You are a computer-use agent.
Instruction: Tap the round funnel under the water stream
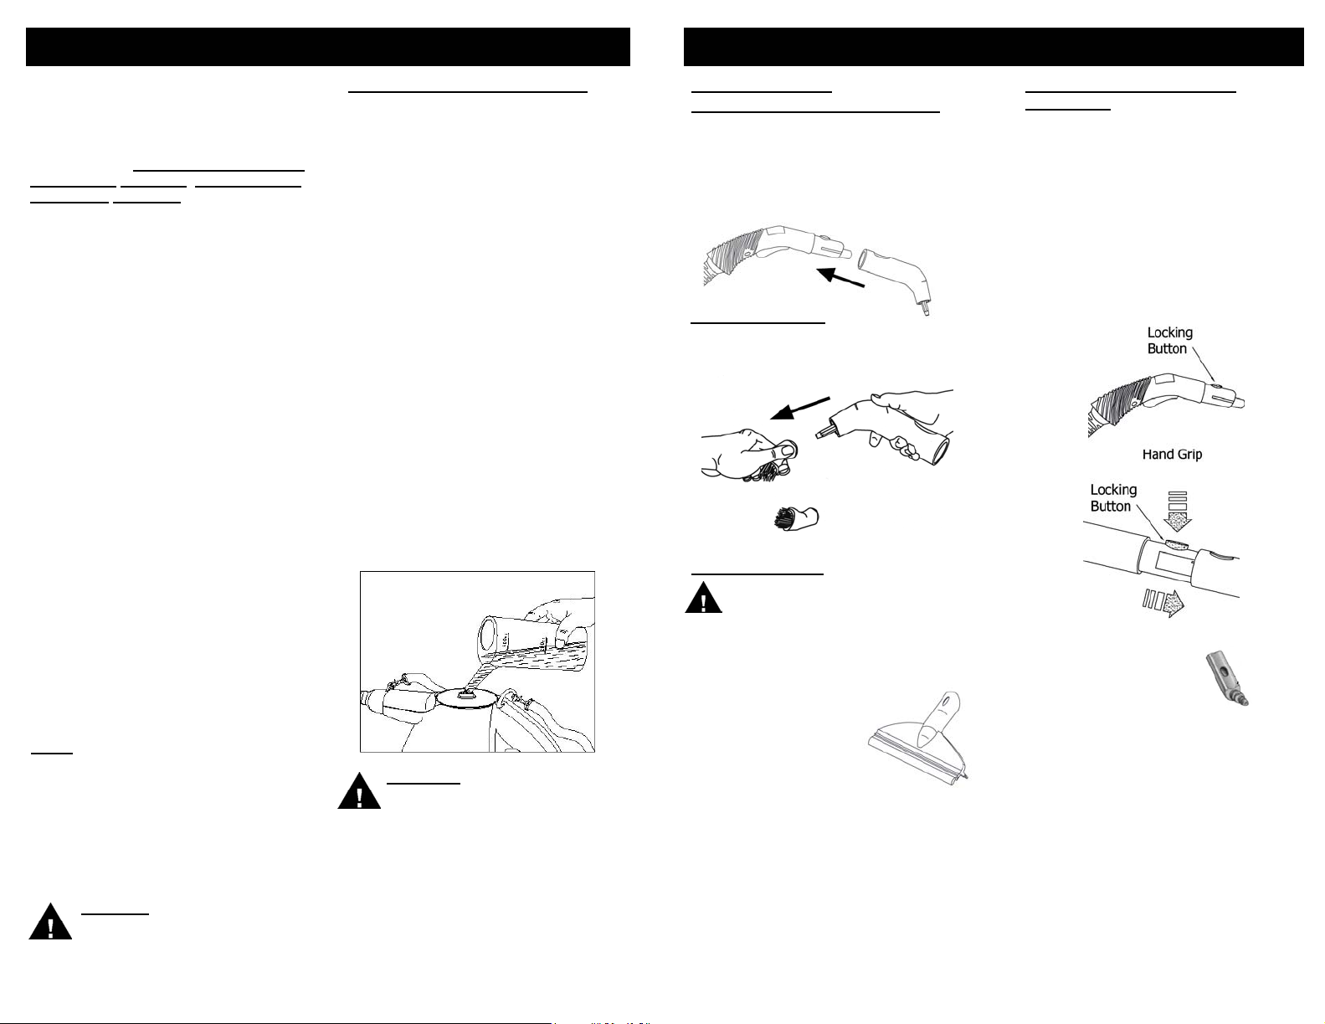pyautogui.click(x=468, y=698)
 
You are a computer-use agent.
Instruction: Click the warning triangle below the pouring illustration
pyautogui.click(x=359, y=791)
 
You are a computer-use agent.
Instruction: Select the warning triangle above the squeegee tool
pyautogui.click(x=704, y=598)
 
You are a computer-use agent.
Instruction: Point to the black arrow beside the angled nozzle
pyautogui.click(x=840, y=277)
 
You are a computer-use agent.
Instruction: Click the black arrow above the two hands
pyautogui.click(x=800, y=408)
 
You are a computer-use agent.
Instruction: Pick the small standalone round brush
pyautogui.click(x=797, y=518)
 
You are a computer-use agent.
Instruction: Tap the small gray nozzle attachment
pyautogui.click(x=1227, y=679)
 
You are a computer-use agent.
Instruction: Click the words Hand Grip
pyautogui.click(x=1172, y=455)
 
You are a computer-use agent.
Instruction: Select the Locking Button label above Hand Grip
pyautogui.click(x=1169, y=340)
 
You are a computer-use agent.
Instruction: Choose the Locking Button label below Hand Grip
pyautogui.click(x=1113, y=497)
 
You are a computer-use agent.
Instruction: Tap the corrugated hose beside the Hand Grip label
pyautogui.click(x=1115, y=404)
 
